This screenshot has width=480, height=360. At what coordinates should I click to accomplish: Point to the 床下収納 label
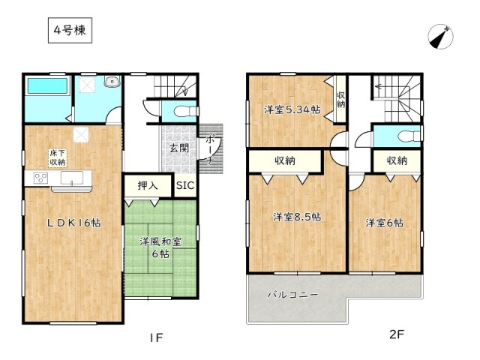[x=58, y=157]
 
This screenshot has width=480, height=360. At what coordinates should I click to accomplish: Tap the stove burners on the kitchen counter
[x=40, y=178]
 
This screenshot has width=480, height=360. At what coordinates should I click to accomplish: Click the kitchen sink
[x=73, y=178]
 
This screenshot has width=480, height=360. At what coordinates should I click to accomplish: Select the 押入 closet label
[x=148, y=185]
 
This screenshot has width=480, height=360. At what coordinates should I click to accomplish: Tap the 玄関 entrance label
[x=179, y=148]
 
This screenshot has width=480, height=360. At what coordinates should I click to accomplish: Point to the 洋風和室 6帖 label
[x=158, y=248]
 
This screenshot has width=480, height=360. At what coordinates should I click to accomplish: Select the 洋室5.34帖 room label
[x=292, y=109]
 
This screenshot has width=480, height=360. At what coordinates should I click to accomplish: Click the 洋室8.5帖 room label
[x=297, y=217]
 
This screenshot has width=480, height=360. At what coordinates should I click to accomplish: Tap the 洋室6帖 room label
[x=385, y=223]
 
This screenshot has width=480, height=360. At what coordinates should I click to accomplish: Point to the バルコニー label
[x=292, y=295]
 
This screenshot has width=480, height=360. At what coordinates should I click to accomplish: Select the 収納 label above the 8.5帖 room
[x=284, y=160]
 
